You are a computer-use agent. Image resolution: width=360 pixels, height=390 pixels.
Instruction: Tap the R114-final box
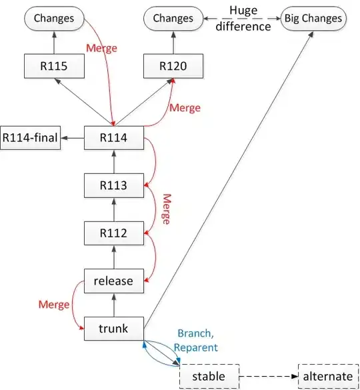(30, 138)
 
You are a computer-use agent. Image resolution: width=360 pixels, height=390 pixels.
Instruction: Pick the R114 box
(113, 138)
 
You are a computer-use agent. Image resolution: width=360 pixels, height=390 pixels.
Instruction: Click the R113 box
(113, 186)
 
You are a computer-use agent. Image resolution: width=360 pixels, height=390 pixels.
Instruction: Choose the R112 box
(113, 233)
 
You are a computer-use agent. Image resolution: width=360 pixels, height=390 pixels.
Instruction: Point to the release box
(113, 281)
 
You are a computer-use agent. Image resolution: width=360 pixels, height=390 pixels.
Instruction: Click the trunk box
(113, 329)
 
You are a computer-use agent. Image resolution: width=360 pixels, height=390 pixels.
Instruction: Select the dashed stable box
(209, 376)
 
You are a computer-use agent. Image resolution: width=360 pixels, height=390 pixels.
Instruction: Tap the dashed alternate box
(327, 376)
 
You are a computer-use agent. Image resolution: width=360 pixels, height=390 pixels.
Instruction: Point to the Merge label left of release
(54, 305)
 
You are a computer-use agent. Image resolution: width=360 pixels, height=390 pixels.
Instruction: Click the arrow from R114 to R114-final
(73, 138)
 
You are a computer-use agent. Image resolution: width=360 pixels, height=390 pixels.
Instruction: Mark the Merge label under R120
(185, 107)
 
